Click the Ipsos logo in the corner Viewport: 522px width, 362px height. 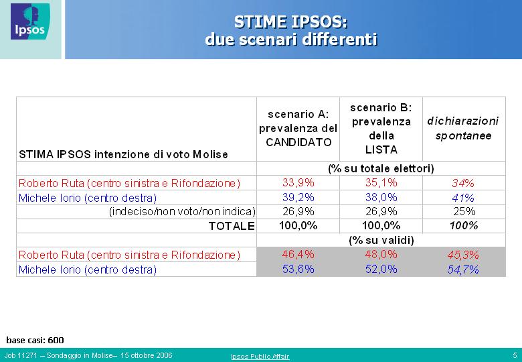30,21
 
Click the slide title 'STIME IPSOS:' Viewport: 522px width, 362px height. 290,22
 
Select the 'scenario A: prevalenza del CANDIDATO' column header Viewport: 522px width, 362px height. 298,128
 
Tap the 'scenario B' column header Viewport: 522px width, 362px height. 381,128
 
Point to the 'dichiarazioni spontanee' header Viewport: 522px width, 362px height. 463,128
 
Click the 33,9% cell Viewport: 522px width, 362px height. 298,182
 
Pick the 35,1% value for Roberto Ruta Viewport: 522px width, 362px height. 381,182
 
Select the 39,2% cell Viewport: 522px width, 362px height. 298,197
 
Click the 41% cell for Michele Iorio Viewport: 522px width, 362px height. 463,198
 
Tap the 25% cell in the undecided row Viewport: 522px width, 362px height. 464,211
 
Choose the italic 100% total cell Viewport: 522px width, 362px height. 464,226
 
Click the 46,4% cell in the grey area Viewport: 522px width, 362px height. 298,255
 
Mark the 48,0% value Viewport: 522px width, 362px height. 381,255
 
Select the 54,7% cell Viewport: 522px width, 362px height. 463,269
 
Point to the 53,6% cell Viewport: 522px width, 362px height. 298,269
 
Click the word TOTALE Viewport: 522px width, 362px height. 232,226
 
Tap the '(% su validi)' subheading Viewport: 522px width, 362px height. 381,241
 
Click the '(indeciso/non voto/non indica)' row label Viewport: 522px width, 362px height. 182,212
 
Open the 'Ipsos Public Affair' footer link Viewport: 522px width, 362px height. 260,357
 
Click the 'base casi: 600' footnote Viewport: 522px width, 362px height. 35,341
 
